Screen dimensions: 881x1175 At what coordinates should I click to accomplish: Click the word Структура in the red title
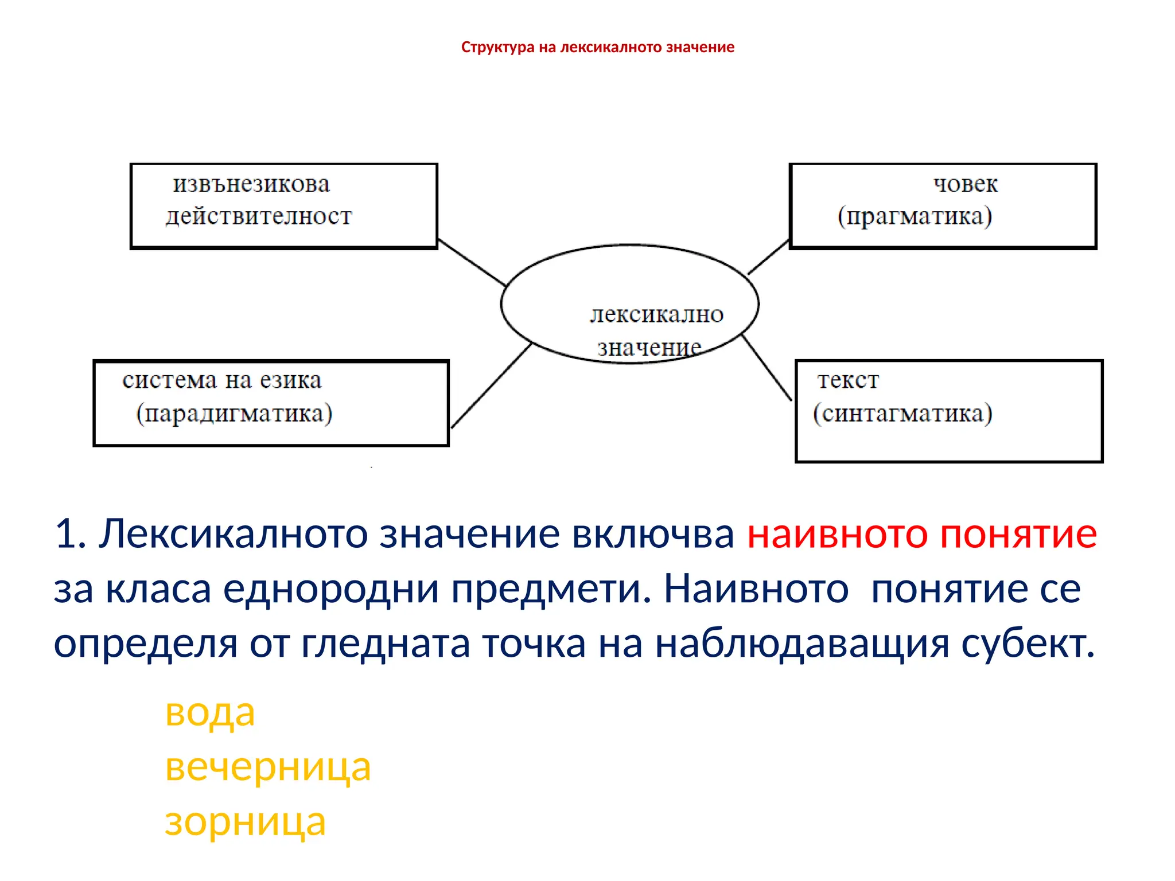pyautogui.click(x=497, y=47)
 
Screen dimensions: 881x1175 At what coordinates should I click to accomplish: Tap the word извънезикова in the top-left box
pyautogui.click(x=251, y=185)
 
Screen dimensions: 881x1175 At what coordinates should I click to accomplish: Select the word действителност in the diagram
pyautogui.click(x=259, y=217)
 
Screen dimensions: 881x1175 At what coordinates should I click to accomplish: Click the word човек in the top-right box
pyautogui.click(x=966, y=184)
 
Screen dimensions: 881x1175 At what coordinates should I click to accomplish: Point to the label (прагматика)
pyautogui.click(x=915, y=217)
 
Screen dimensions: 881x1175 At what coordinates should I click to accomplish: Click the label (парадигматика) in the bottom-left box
pyautogui.click(x=234, y=414)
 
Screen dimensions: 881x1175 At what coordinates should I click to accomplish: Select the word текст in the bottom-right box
pyautogui.click(x=848, y=381)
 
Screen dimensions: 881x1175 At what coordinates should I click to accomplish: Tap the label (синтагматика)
pyautogui.click(x=902, y=414)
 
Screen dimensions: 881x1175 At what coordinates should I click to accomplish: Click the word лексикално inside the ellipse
pyautogui.click(x=657, y=314)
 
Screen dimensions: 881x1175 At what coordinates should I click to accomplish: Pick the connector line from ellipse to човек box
pyautogui.click(x=768, y=257)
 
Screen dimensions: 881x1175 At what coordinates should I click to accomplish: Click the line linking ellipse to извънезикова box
pyautogui.click(x=472, y=263)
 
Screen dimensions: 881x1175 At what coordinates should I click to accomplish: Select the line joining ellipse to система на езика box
pyautogui.click(x=491, y=385)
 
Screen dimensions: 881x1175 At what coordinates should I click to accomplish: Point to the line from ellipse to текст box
pyautogui.click(x=767, y=367)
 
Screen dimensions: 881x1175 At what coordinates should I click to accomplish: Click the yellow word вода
pyautogui.click(x=209, y=713)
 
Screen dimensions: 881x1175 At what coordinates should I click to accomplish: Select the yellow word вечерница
pyautogui.click(x=268, y=767)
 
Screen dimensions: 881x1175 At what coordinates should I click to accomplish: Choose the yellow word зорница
pyautogui.click(x=245, y=822)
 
